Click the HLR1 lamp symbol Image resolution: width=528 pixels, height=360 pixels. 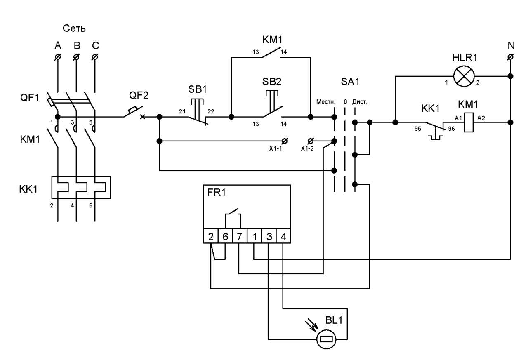pos(464,76)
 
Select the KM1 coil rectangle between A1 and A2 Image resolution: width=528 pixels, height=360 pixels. pos(469,122)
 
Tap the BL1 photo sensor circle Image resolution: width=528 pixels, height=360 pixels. pos(326,339)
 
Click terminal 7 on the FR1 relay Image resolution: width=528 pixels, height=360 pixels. pos(240,236)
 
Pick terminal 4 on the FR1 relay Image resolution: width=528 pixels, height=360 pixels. pos(283,236)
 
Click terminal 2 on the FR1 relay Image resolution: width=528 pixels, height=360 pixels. pos(211,236)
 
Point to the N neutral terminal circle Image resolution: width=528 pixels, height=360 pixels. pos(510,57)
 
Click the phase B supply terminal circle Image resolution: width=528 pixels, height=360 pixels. pos(76,57)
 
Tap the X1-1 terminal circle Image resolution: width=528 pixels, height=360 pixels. pos(285,141)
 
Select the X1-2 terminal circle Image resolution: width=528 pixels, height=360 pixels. pos(311,141)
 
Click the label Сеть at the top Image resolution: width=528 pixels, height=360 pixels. pos(74,28)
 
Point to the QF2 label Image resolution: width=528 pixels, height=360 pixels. pos(139,95)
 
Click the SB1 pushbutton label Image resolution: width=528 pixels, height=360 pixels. pos(197,89)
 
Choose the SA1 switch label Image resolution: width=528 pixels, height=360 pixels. pos(350,82)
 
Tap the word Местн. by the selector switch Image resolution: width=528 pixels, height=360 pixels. pos(326,102)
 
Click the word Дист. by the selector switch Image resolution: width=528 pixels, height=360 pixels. pos(360,102)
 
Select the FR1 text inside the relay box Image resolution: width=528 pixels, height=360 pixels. pos(217,193)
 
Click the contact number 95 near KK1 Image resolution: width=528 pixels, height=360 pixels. pos(418,129)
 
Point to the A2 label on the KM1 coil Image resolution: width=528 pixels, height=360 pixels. pos(481,118)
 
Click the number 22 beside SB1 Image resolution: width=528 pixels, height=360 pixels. pos(211,111)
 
